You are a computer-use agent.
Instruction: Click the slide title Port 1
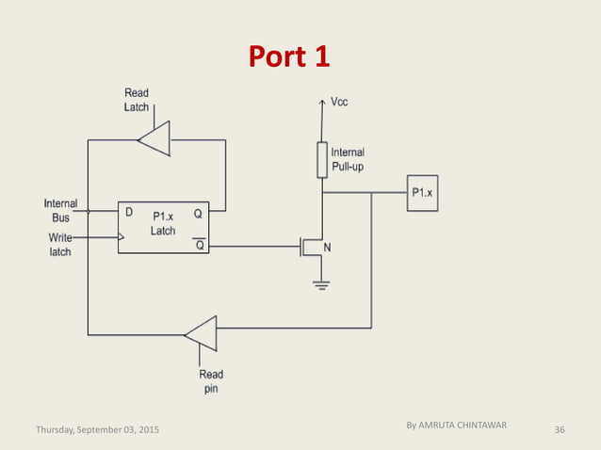(x=289, y=56)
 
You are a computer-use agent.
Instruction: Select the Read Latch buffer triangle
(x=155, y=139)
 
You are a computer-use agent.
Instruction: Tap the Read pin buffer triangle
(x=203, y=332)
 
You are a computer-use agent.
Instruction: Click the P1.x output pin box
(x=421, y=193)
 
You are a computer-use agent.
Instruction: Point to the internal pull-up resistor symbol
(x=322, y=159)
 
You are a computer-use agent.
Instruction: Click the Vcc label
(x=339, y=102)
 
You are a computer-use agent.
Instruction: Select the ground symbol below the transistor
(x=322, y=284)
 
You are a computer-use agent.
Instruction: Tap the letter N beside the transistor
(x=328, y=248)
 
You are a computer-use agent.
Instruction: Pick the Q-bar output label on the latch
(x=198, y=245)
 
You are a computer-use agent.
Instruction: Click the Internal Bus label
(x=60, y=210)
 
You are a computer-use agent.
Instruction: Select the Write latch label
(x=60, y=245)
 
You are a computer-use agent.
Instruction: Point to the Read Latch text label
(x=137, y=100)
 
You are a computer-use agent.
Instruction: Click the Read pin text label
(x=211, y=381)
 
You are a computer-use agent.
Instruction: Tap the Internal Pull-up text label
(x=348, y=159)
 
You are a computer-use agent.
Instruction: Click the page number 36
(x=560, y=429)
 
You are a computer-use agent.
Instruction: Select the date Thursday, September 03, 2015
(x=97, y=429)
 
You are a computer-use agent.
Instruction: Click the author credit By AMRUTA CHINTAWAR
(x=456, y=426)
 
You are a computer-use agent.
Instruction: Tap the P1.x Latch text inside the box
(x=163, y=223)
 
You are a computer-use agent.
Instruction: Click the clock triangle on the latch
(x=122, y=238)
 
